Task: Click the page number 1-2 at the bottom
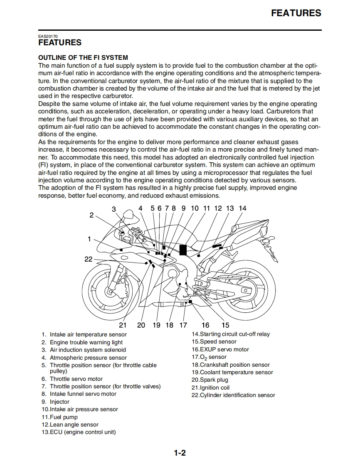coord(180,452)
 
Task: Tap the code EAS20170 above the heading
coord(48,36)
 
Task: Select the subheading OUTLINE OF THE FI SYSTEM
coord(83,57)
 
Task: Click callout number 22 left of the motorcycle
coord(89,259)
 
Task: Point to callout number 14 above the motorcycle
coord(242,208)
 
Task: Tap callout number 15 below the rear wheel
coord(225,325)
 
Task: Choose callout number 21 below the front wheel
coord(123,325)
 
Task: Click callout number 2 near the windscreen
coord(91,215)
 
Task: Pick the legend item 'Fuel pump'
coord(64,417)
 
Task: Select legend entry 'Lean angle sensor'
coord(74,424)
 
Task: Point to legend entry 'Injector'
coord(59,402)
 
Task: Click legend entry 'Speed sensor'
coord(218,342)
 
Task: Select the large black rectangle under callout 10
coord(183,250)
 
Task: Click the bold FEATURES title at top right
coord(296,13)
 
